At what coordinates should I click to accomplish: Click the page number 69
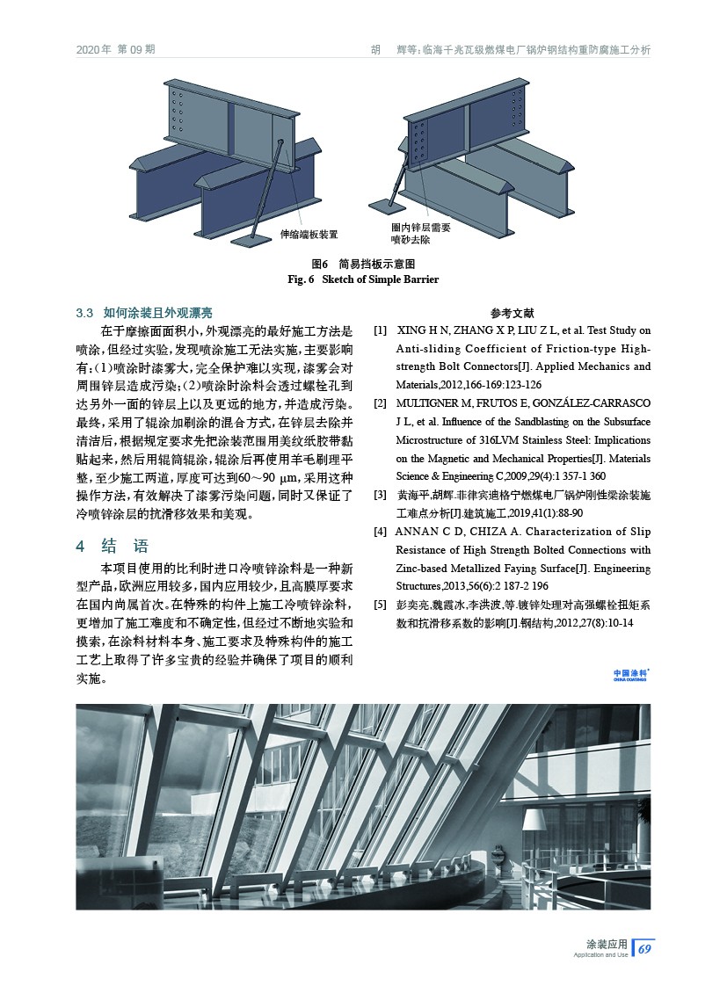644,949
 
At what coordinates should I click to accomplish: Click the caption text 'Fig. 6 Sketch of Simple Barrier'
363,279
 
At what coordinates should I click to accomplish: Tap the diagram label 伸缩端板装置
309,235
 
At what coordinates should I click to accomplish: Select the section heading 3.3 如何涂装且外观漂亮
144,313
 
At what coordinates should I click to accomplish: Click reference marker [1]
380,330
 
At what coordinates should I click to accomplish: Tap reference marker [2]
380,402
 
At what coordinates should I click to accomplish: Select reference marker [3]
380,496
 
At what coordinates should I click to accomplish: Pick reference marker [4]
380,532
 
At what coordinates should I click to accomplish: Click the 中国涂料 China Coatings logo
631,675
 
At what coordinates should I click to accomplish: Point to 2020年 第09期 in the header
116,49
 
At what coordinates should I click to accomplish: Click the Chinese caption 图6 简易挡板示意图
363,264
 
